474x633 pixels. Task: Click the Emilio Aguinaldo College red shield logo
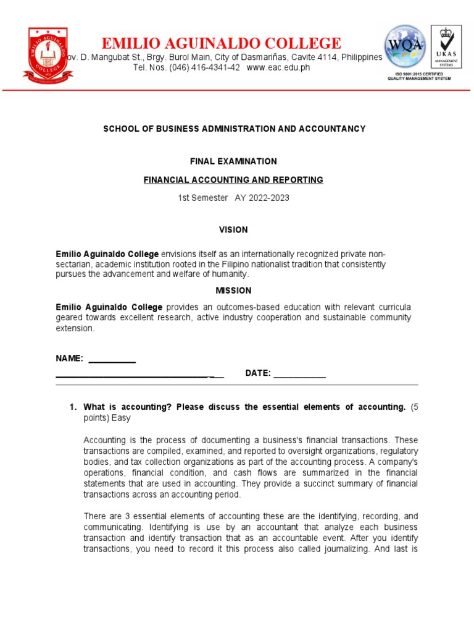click(x=48, y=54)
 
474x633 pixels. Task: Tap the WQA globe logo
click(x=404, y=46)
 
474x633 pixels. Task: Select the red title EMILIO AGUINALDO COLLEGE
click(x=221, y=43)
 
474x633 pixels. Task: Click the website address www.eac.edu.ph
click(x=278, y=67)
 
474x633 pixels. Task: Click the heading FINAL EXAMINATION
click(x=233, y=161)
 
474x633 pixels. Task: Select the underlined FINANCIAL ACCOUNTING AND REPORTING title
click(x=233, y=180)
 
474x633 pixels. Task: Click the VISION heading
click(x=233, y=230)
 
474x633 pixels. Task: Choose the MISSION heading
click(x=233, y=291)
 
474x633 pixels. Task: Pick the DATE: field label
click(x=258, y=373)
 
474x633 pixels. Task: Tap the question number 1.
click(x=72, y=407)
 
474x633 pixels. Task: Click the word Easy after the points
click(x=121, y=418)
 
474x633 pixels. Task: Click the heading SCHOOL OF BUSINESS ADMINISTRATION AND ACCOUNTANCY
click(x=233, y=129)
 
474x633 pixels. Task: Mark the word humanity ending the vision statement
click(x=228, y=274)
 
